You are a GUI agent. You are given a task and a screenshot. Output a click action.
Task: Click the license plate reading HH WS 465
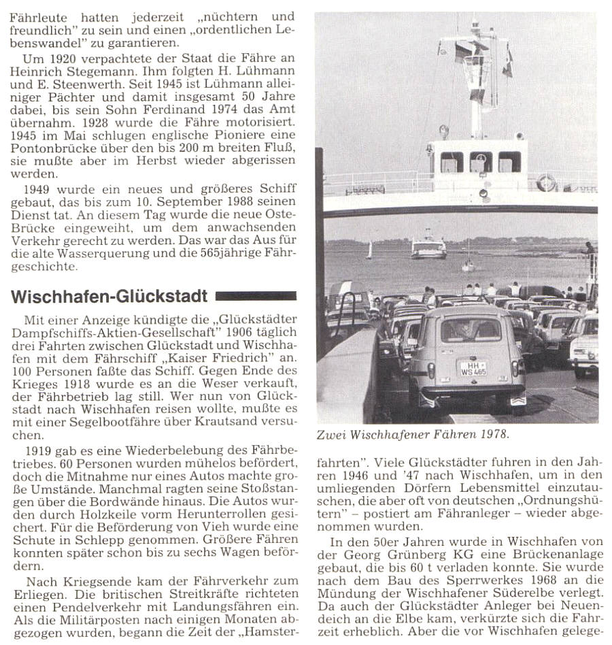pos(473,368)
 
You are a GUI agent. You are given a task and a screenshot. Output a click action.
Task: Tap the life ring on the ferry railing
pos(545,182)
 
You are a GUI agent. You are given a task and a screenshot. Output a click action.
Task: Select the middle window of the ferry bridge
pos(481,162)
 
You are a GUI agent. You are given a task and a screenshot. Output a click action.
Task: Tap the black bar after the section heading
pos(256,296)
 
